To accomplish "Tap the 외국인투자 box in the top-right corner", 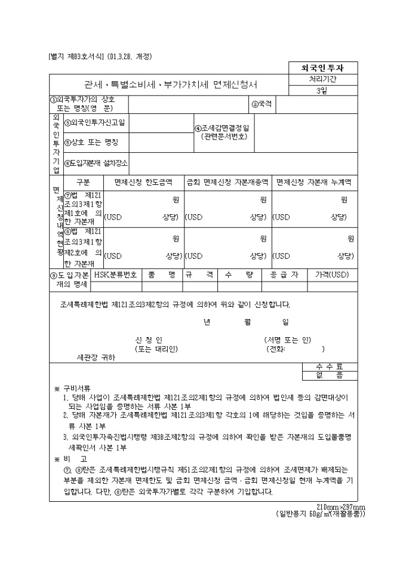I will [324, 68].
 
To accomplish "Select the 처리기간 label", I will [324, 79].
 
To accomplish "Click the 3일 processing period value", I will [324, 90].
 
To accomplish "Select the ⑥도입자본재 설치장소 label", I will [96, 162].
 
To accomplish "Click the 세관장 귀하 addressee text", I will [96, 358].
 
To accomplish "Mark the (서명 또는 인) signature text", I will [287, 340].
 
